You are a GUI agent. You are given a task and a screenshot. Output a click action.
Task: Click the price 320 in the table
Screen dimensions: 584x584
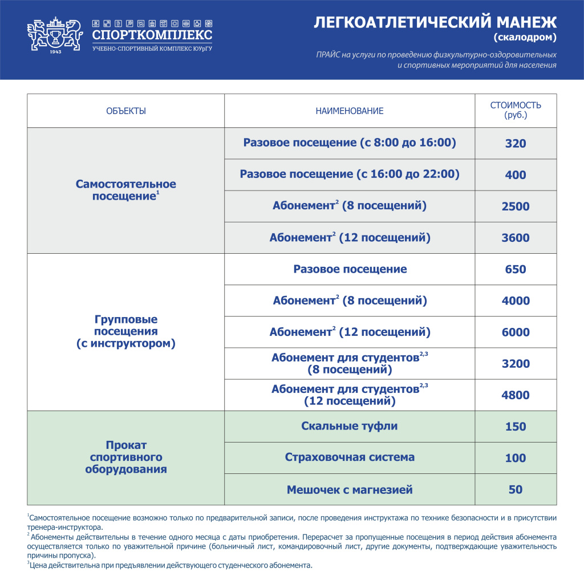[516, 144]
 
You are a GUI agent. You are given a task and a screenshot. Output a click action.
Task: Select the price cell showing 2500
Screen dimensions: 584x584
[516, 206]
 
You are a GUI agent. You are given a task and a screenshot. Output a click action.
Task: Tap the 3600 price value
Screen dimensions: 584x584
[516, 238]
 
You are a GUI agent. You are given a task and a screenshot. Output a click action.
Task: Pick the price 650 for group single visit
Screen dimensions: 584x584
[516, 269]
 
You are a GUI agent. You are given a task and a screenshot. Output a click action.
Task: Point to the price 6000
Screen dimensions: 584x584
[516, 332]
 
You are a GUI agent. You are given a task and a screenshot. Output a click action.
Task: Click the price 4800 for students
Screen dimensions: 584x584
[516, 395]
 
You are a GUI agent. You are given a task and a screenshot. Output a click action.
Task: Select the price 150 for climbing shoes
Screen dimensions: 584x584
[516, 427]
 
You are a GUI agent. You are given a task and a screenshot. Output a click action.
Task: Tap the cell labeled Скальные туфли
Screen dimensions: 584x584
[350, 426]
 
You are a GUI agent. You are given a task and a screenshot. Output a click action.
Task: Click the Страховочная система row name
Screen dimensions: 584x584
[350, 457]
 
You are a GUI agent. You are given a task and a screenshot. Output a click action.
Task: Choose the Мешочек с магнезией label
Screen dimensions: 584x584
[350, 489]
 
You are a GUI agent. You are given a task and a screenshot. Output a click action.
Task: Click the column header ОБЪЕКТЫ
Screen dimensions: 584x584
[126, 111]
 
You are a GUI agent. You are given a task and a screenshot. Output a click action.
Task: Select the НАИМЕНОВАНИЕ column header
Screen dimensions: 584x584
[350, 111]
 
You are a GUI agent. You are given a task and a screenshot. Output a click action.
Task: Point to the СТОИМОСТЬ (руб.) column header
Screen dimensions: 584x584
[516, 110]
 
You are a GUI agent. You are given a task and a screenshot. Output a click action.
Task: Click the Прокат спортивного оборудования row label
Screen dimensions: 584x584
[126, 457]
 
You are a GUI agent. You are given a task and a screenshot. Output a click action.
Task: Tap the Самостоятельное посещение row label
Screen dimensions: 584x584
[126, 190]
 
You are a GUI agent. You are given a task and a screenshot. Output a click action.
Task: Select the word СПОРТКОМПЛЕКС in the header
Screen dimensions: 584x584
[152, 35]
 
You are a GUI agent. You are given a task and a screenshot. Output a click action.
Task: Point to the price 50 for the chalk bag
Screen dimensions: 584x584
[516, 489]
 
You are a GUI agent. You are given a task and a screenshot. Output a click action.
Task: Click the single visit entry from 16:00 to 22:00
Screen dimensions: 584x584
[350, 174]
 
